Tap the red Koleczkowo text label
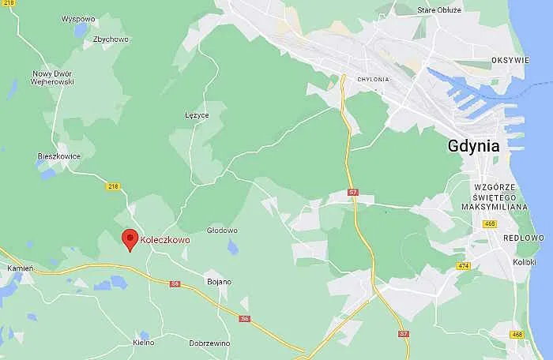click(x=165, y=239)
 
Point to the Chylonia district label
click(x=373, y=79)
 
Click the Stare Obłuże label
click(x=439, y=10)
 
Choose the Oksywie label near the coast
click(x=510, y=59)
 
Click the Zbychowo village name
click(x=111, y=39)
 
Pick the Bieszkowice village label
click(x=59, y=156)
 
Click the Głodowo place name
click(x=222, y=231)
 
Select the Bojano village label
click(x=219, y=281)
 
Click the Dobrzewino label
click(x=209, y=343)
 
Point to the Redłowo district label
click(x=528, y=237)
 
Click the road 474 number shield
click(x=463, y=266)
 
